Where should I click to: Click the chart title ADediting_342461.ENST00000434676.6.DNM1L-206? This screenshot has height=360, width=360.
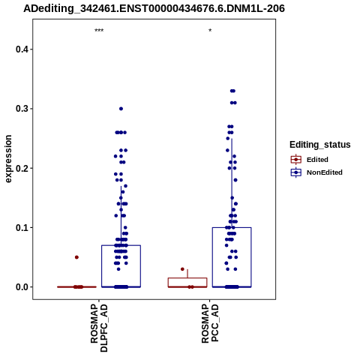(x=154, y=8)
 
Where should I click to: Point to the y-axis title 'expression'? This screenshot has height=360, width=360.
(x=8, y=159)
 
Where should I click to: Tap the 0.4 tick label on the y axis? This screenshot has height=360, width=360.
(x=22, y=49)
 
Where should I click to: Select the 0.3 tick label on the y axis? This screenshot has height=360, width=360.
(x=22, y=109)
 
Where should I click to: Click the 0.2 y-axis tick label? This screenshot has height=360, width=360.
(x=22, y=168)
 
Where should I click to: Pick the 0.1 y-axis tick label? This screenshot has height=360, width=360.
(x=22, y=228)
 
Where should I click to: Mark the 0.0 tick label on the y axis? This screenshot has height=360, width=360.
(x=22, y=287)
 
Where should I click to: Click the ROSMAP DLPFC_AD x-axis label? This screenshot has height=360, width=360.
(x=99, y=328)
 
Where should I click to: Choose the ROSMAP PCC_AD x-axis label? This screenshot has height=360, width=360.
(x=210, y=323)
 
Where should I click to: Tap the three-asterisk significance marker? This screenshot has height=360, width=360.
(x=99, y=31)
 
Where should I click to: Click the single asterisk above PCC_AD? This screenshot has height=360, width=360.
(x=210, y=31)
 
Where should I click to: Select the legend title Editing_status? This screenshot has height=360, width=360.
(x=320, y=145)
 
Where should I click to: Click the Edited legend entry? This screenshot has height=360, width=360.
(x=309, y=160)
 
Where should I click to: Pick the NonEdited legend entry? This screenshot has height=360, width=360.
(x=316, y=172)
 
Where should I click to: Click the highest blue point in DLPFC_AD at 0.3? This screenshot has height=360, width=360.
(x=121, y=109)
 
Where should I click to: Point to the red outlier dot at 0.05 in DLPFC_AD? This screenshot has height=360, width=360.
(x=76, y=257)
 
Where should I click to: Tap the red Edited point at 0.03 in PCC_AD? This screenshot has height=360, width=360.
(x=182, y=269)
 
